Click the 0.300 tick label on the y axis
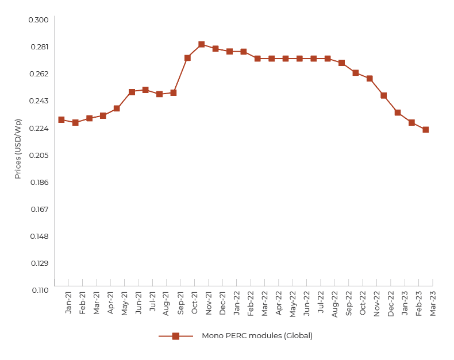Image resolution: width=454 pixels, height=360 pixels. (39, 20)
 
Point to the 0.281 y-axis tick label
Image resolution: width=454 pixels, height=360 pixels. (39, 47)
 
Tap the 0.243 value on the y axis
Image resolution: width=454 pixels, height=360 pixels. (39, 101)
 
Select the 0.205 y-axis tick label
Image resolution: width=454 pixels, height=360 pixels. (39, 156)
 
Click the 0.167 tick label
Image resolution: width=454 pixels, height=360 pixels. (39, 210)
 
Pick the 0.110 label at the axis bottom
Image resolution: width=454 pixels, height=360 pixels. (39, 290)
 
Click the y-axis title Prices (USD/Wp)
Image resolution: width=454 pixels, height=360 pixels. (18, 149)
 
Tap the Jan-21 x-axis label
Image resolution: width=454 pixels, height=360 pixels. (69, 302)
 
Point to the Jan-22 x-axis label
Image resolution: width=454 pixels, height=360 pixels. (237, 302)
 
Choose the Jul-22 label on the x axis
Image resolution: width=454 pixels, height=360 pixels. (321, 301)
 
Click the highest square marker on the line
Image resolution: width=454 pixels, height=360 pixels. (202, 44)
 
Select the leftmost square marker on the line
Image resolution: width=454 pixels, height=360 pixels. (61, 119)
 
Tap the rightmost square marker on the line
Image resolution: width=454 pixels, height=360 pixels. (426, 130)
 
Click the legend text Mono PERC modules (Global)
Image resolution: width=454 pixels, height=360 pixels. (257, 336)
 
